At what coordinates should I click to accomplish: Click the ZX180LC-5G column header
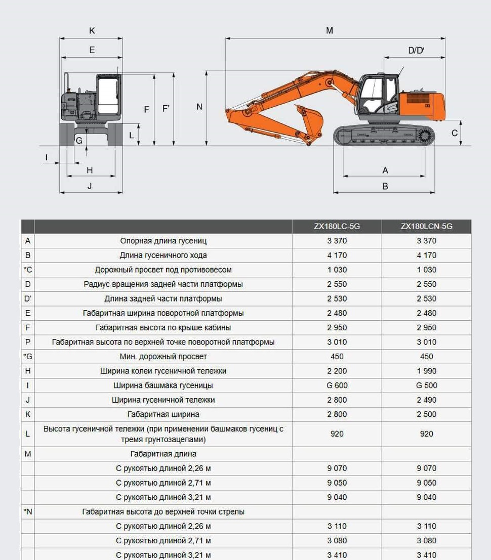(337, 227)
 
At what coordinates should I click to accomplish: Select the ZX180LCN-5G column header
(426, 227)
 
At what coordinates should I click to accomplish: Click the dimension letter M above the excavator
(330, 31)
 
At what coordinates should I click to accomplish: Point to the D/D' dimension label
(416, 50)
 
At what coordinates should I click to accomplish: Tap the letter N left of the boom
(199, 107)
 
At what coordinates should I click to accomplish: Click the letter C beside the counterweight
(455, 133)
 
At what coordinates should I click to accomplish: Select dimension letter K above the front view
(92, 31)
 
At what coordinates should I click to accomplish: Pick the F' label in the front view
(166, 109)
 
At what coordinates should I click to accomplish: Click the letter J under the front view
(90, 186)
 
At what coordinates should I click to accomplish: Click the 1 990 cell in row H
(426, 371)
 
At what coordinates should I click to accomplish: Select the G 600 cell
(337, 385)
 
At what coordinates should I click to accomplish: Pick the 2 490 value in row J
(426, 400)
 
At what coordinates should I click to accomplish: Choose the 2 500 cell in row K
(426, 414)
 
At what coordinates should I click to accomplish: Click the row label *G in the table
(28, 357)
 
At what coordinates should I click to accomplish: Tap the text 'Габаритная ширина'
(163, 414)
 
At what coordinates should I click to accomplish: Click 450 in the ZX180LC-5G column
(337, 357)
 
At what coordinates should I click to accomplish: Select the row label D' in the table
(28, 298)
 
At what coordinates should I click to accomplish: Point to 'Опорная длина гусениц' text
(163, 241)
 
